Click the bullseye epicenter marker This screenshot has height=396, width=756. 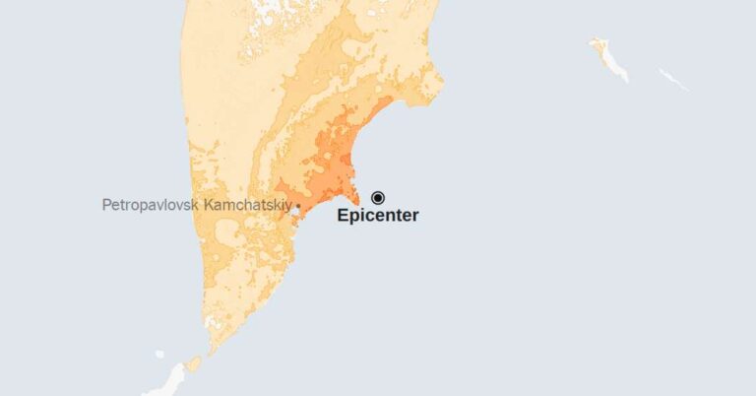377,197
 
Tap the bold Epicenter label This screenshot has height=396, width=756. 377,216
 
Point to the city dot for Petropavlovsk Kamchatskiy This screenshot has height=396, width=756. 298,205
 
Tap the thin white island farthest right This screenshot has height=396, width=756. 673,79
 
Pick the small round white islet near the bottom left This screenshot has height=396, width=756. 159,354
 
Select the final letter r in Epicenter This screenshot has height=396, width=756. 414,216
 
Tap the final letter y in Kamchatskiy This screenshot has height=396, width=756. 289,206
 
